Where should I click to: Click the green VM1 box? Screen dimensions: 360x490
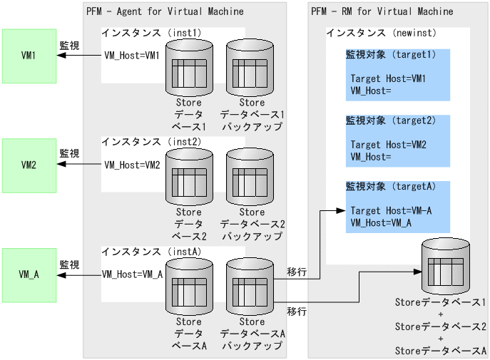pos(29,56)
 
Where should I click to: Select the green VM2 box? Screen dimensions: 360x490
pos(29,165)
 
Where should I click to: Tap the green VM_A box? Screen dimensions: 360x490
pos(29,274)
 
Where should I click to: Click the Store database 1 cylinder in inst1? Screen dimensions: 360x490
pos(189,69)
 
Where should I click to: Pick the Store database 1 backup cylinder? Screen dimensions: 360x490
pos(251,69)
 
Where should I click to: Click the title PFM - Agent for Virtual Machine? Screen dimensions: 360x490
pos(165,11)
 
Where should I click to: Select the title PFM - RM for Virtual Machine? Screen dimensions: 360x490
pos(382,11)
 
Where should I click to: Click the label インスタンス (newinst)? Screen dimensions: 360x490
pos(381,34)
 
